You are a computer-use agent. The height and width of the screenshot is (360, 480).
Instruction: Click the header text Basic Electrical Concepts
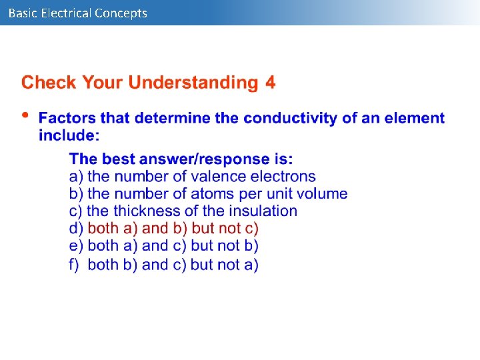(x=78, y=13)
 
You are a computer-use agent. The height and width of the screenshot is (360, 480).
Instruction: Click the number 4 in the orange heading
(x=270, y=83)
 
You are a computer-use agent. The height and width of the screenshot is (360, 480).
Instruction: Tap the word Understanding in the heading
(x=192, y=83)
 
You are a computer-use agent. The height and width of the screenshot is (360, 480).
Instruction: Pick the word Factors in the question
(x=67, y=119)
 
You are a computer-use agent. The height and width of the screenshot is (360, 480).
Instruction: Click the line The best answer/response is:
(x=181, y=159)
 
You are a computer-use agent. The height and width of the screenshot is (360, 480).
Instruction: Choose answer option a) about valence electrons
(x=192, y=177)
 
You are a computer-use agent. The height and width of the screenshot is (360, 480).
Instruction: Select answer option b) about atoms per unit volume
(x=208, y=194)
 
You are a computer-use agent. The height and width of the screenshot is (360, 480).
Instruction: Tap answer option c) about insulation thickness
(x=183, y=211)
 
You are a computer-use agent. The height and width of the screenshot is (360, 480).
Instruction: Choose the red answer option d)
(x=164, y=229)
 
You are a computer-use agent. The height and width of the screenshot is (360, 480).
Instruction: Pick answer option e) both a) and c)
(x=164, y=246)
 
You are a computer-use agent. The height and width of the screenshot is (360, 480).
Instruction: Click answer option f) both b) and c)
(x=164, y=265)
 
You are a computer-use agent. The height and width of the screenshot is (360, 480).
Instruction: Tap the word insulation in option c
(x=263, y=211)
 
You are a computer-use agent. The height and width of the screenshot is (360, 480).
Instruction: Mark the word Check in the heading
(x=47, y=83)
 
